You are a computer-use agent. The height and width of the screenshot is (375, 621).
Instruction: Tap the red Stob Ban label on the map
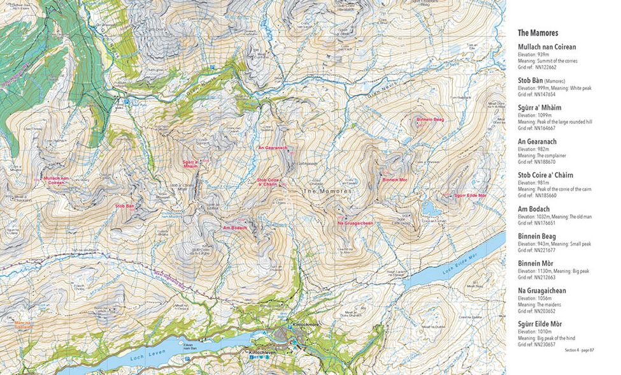[124, 206]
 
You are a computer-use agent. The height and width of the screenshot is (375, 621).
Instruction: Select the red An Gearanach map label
[273, 148]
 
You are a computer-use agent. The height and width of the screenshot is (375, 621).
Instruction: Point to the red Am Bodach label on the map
[234, 228]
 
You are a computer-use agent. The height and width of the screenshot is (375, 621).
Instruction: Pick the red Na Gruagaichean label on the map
[355, 223]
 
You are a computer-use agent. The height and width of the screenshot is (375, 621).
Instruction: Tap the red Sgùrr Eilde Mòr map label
[470, 195]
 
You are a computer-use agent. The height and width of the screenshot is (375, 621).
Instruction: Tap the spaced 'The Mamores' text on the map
[327, 191]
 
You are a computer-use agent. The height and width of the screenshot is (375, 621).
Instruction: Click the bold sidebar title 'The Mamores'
[539, 33]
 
